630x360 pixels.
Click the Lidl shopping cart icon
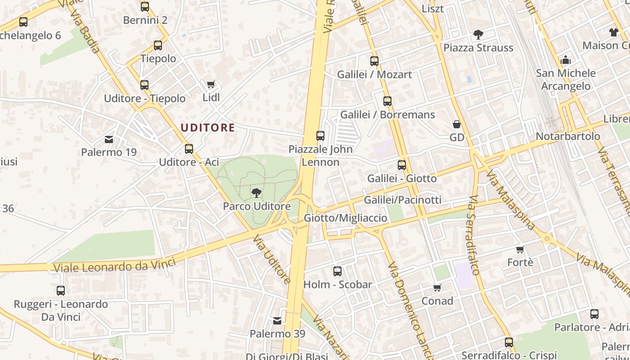(211, 84)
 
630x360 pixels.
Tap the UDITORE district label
(207, 128)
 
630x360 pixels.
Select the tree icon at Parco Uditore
(256, 193)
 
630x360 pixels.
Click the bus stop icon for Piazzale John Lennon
(320, 135)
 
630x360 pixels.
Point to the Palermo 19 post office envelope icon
(109, 139)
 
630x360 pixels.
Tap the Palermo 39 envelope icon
(277, 321)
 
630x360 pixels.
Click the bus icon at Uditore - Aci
(189, 148)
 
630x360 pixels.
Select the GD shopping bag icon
(457, 124)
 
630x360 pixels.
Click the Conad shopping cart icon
(437, 288)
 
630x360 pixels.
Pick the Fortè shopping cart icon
(520, 249)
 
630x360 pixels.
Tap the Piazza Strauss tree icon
(478, 34)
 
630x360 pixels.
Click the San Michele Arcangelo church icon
(566, 59)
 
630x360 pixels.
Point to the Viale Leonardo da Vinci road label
(114, 266)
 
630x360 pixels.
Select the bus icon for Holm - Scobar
(337, 271)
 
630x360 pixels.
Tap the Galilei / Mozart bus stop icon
(374, 61)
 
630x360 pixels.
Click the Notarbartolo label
(568, 136)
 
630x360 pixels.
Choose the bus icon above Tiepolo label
(158, 45)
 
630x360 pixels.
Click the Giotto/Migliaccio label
(346, 218)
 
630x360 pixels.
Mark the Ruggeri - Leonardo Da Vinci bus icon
(61, 291)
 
